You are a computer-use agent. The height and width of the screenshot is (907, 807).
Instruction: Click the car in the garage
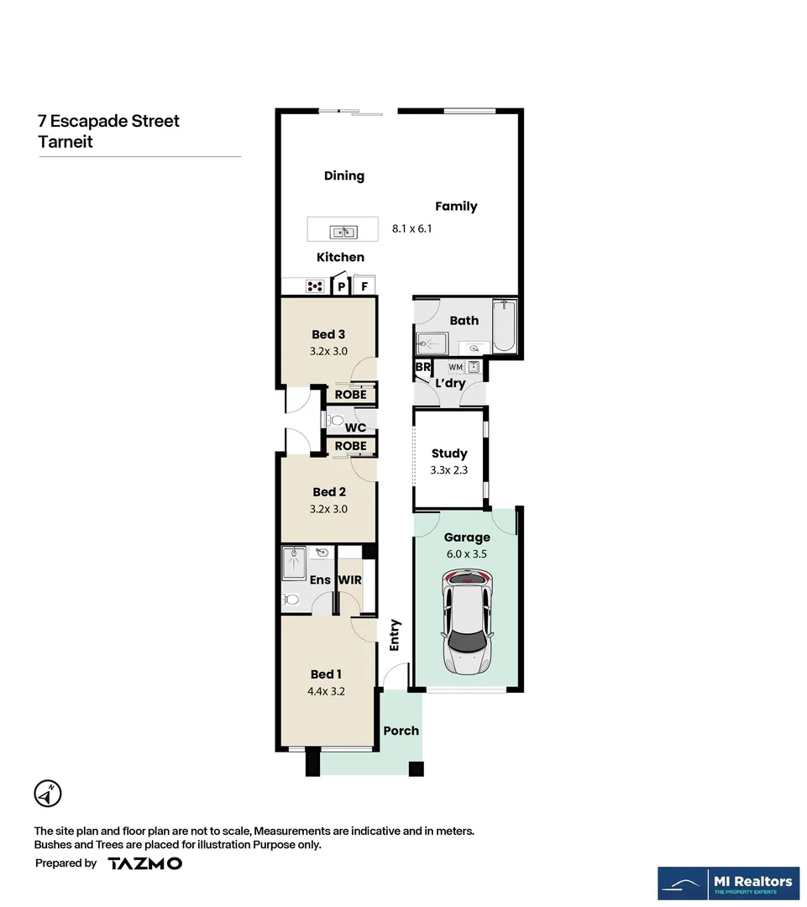point(467,621)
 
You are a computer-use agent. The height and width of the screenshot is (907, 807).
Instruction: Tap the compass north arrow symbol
point(48,793)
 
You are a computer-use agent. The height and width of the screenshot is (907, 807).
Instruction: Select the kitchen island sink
point(343,232)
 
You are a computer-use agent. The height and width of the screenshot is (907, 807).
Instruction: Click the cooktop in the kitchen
point(316,286)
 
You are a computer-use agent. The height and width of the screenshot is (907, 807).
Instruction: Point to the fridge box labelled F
point(364,286)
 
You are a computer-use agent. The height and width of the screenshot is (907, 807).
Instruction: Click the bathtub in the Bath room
point(505,326)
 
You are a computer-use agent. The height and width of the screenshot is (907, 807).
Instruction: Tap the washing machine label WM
point(454,367)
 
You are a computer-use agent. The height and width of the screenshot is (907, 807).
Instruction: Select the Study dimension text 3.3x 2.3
point(448,470)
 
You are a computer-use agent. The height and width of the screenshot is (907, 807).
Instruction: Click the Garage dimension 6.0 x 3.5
point(467,554)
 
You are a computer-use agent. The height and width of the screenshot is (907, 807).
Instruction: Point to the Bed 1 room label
point(326,674)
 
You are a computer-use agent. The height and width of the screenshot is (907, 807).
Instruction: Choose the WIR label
point(349,580)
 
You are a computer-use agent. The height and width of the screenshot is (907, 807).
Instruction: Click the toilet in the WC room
point(336,419)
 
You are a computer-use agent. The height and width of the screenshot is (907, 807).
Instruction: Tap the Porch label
point(401,731)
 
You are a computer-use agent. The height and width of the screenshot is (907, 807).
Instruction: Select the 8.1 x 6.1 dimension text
point(412,228)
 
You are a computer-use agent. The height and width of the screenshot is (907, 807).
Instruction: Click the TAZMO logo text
point(144,863)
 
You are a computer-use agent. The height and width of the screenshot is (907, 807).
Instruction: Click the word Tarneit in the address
point(66,142)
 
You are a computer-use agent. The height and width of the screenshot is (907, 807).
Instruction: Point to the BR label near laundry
point(422,368)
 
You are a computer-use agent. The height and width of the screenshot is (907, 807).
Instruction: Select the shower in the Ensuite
point(295,563)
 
